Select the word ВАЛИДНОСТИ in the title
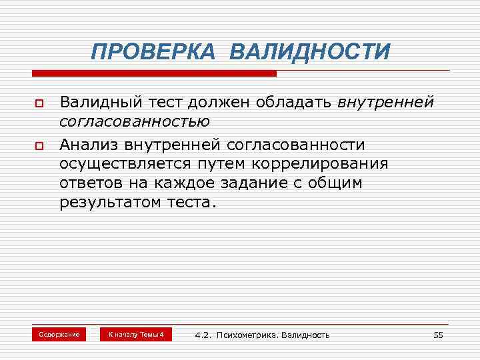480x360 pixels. click(311, 51)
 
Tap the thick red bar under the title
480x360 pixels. click(153, 73)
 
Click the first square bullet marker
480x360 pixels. click(39, 105)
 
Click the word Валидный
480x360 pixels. click(98, 103)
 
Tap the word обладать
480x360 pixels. click(291, 103)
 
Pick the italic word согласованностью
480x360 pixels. click(135, 122)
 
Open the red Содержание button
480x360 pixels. click(59, 334)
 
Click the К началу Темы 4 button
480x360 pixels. click(135, 334)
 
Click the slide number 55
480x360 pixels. click(438, 335)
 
